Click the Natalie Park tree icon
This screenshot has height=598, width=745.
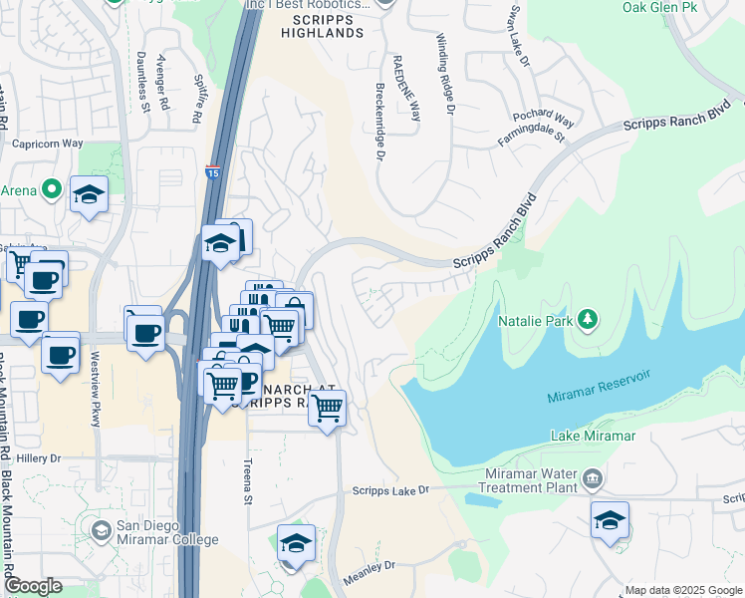(x=590, y=319)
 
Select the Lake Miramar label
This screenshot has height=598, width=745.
(x=593, y=437)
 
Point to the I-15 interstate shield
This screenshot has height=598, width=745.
(x=213, y=172)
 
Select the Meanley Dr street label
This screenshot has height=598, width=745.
(x=369, y=565)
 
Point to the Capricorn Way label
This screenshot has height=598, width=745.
(x=47, y=144)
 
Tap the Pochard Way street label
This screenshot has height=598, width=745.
(x=537, y=116)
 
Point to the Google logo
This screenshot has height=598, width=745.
(x=33, y=586)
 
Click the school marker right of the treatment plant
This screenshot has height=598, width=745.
(x=610, y=520)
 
